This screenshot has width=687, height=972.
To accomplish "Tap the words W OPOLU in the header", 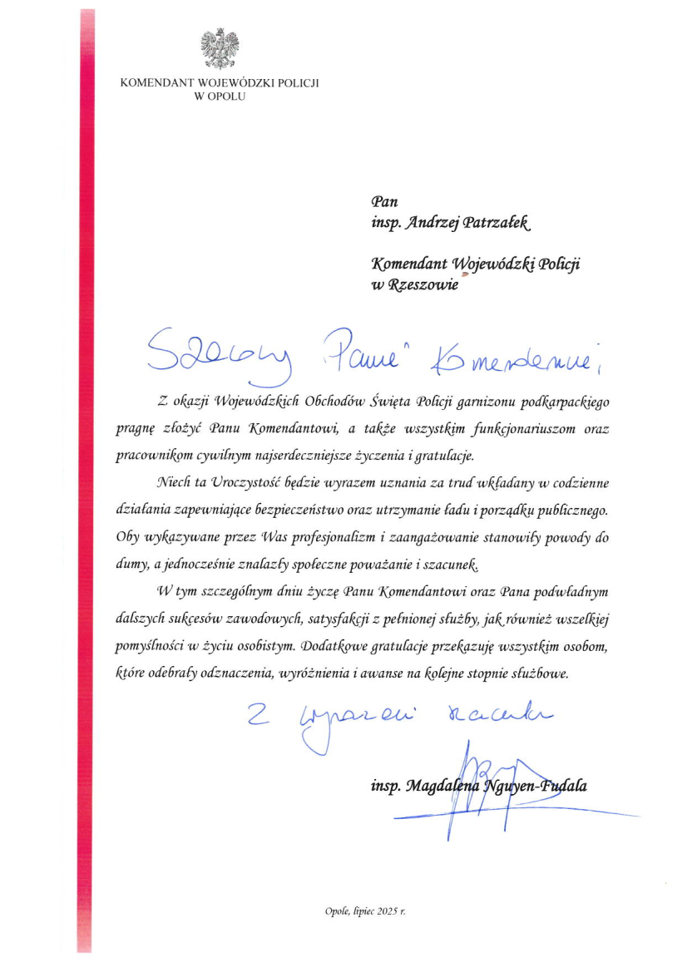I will click(x=220, y=96).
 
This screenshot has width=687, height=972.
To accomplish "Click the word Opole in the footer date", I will click(x=336, y=912).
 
